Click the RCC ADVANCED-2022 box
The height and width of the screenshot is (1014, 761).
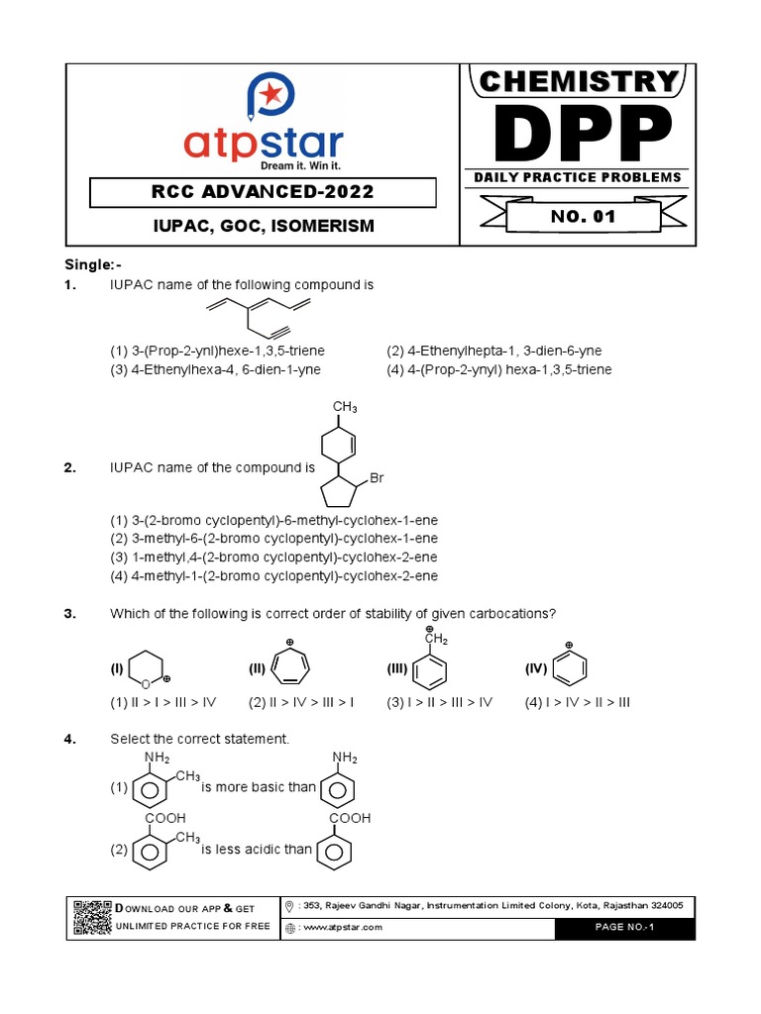[x=263, y=191]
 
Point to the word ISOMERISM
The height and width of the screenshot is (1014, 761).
[x=326, y=226]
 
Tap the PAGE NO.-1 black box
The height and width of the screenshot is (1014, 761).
[x=625, y=928]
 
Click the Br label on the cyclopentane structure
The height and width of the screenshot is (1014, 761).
[x=376, y=478]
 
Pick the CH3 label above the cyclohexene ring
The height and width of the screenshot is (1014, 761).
[x=344, y=407]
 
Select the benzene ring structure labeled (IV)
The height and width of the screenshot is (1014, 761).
[x=569, y=670]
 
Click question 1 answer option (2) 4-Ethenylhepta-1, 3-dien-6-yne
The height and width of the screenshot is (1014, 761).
[x=493, y=351]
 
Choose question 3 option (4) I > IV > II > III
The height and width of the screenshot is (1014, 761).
[x=577, y=702]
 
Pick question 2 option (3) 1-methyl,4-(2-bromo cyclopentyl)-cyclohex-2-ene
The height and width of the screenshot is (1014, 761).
[x=272, y=558]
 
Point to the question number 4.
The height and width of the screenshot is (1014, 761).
[x=70, y=740]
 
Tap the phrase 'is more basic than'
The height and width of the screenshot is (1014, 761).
[x=259, y=787]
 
